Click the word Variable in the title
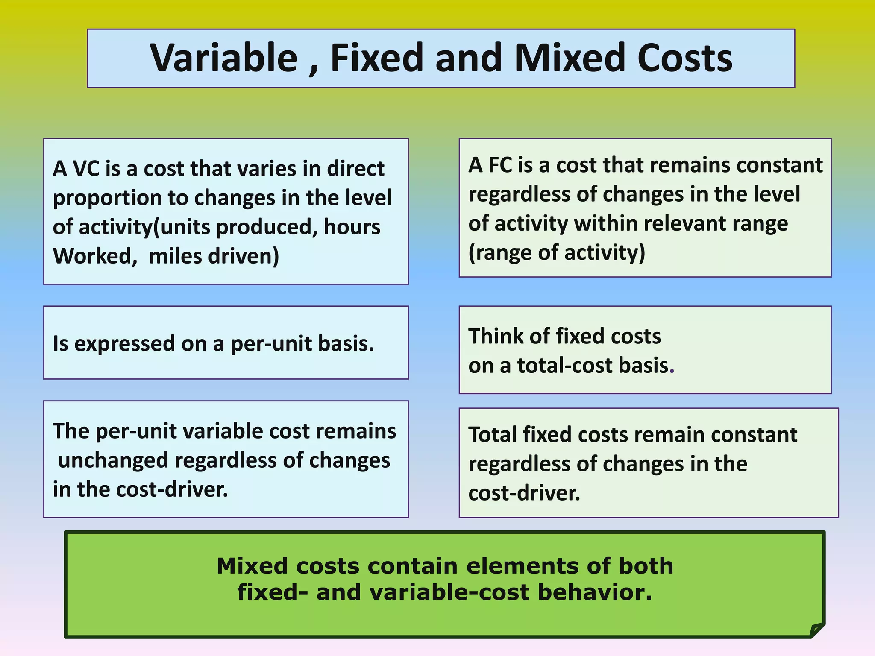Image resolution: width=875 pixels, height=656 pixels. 223,59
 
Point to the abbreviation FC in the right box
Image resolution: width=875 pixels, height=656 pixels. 500,165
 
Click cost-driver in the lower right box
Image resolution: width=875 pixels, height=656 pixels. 524,493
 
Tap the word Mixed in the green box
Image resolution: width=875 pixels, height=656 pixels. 252,566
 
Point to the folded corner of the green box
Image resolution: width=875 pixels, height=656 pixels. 816,630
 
